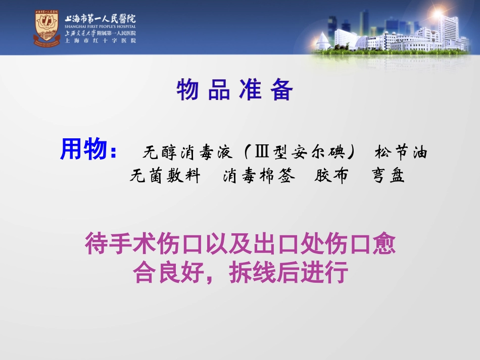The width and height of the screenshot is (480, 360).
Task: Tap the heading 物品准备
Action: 235,91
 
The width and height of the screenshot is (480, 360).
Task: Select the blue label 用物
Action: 84,149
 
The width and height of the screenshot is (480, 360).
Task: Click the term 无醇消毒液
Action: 187,152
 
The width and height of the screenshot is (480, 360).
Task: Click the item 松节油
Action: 401,152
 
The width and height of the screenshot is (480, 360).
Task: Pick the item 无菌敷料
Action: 165,176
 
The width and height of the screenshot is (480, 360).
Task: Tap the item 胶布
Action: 331,176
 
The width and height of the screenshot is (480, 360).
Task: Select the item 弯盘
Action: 389,176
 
